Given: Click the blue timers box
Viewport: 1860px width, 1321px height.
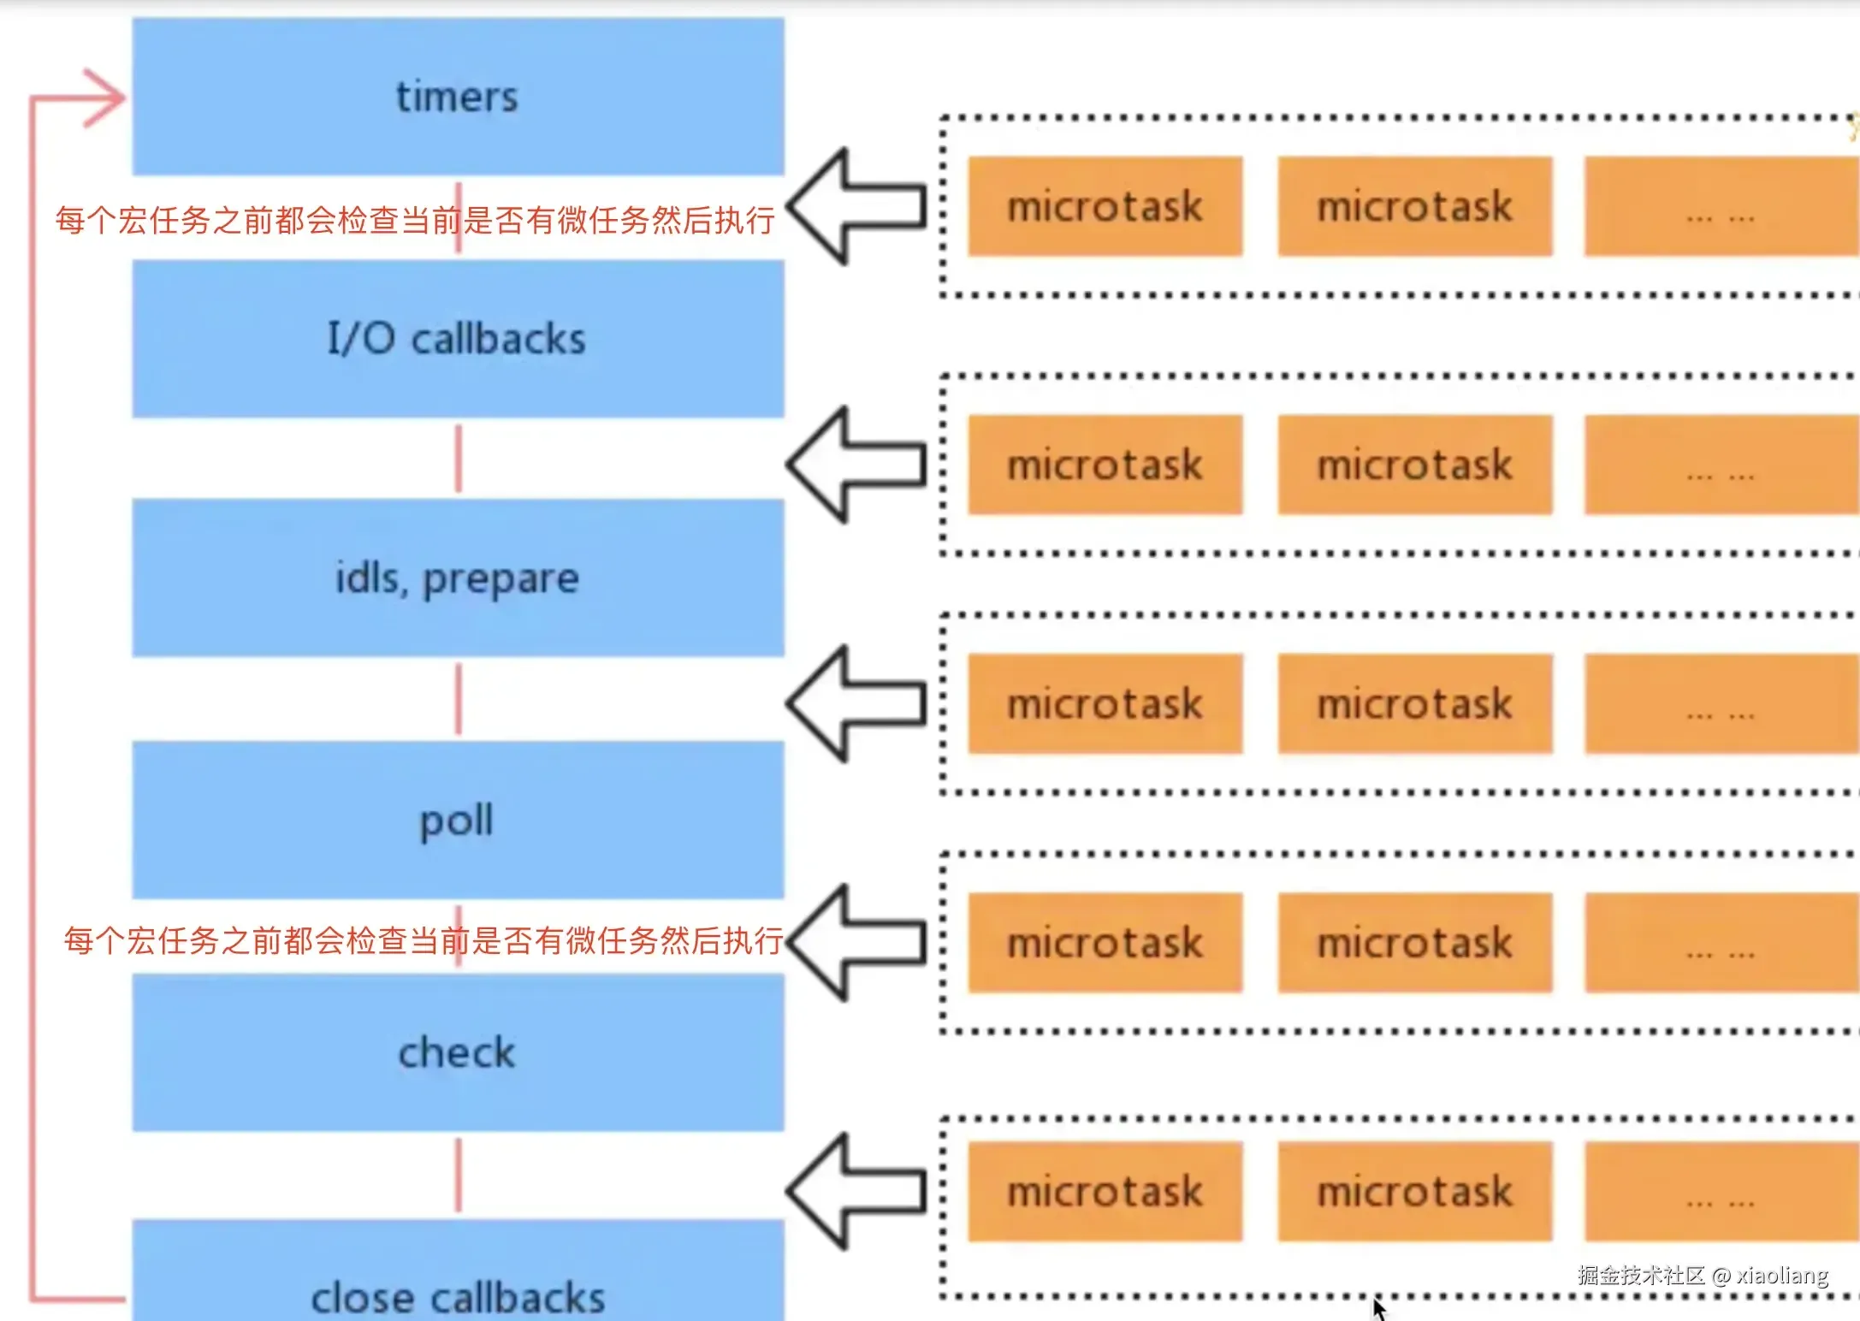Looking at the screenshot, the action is (x=459, y=97).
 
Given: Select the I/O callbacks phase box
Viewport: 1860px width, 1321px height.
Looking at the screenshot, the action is (x=459, y=339).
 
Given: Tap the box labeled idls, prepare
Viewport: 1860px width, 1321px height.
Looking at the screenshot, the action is (x=459, y=578).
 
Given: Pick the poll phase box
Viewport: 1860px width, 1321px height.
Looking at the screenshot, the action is (x=459, y=820).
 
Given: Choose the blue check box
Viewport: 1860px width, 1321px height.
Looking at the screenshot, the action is (x=459, y=1052).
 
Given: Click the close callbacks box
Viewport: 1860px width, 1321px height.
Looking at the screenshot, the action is (x=459, y=1271).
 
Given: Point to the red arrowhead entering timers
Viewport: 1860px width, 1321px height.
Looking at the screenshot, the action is (x=104, y=98).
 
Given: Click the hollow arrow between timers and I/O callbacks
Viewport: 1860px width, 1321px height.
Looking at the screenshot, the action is (x=856, y=206).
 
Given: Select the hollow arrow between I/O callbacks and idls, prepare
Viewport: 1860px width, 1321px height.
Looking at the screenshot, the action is (x=856, y=465).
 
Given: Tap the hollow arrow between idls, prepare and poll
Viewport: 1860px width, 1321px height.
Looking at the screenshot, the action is (x=856, y=704).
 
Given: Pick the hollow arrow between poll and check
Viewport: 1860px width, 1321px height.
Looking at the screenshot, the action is (x=856, y=943).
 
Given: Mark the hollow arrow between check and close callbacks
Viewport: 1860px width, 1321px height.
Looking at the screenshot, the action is (x=856, y=1191).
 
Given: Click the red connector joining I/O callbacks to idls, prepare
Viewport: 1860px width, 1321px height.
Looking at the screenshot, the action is (x=459, y=459).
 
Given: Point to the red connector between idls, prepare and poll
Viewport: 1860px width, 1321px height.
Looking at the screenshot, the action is (x=459, y=699).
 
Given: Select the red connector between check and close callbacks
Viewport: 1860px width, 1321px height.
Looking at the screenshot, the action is (x=459, y=1176).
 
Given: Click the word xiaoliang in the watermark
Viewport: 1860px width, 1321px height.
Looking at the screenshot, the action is (x=1782, y=1276).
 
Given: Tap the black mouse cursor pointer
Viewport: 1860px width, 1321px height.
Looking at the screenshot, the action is (x=1378, y=1308).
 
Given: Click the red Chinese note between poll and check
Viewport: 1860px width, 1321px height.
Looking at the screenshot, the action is (x=424, y=940).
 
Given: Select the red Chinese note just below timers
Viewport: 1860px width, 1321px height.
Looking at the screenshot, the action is (x=415, y=220).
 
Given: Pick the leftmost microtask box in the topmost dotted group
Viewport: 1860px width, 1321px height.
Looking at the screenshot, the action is (x=1105, y=206).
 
